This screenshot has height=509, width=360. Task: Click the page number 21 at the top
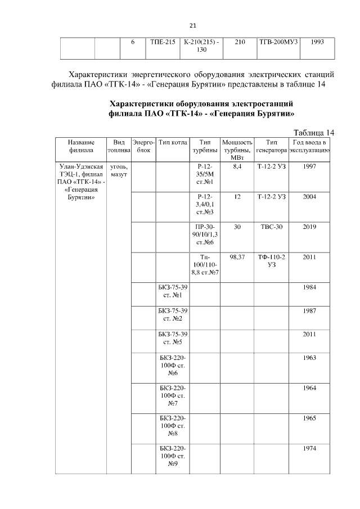(x=192, y=25)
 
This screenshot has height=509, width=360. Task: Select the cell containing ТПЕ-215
(x=163, y=42)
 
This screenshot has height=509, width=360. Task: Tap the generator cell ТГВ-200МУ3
(x=278, y=42)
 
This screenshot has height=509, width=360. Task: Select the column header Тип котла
(x=173, y=143)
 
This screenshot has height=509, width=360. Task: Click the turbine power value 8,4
(x=236, y=167)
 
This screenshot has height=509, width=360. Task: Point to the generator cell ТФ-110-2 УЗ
(x=272, y=261)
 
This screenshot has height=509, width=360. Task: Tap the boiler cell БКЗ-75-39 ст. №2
(x=173, y=314)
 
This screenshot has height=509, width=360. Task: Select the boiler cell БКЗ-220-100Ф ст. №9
(x=173, y=456)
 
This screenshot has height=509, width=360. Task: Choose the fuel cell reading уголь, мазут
(x=119, y=171)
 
